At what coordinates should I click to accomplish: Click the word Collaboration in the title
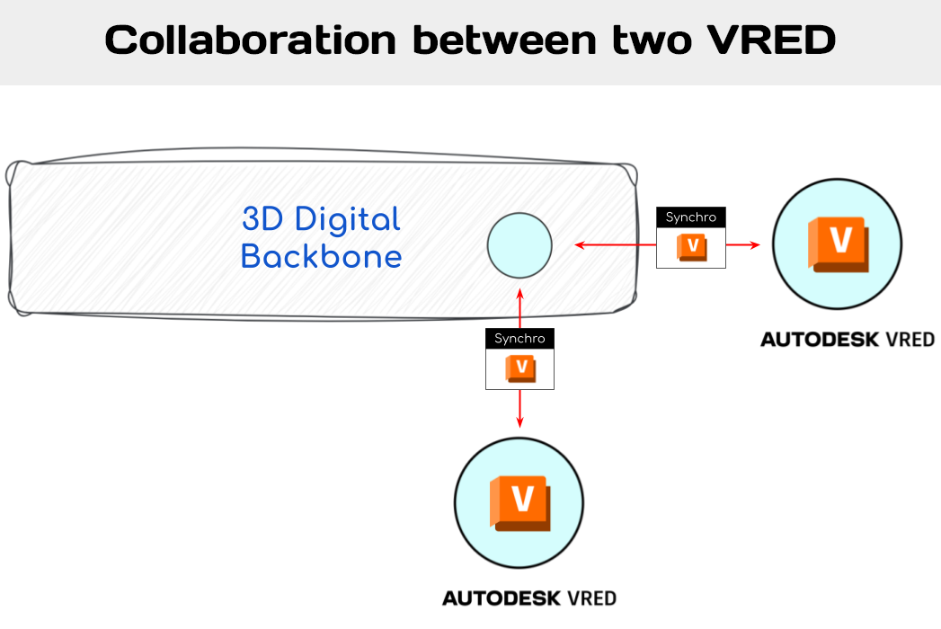coord(251,40)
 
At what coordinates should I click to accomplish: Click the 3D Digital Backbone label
coord(321,237)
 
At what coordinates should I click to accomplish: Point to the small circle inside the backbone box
coord(519,244)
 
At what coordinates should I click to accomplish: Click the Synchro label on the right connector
coord(690,217)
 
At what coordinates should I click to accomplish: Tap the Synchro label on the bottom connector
coord(519,339)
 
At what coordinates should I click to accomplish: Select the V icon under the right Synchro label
coord(691,247)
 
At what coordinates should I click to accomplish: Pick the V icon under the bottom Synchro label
coord(520,368)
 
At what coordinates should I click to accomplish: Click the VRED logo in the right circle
coord(839,244)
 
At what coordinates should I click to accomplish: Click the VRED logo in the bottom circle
coord(519,501)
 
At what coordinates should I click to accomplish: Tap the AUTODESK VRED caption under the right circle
coord(848,340)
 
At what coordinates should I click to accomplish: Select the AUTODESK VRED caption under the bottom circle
coord(529,598)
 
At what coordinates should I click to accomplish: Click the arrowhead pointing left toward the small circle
coord(580,244)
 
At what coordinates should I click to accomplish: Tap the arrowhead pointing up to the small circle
coord(519,295)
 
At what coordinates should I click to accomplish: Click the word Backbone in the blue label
coord(321,257)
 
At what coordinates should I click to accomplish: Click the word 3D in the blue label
coord(262,218)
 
